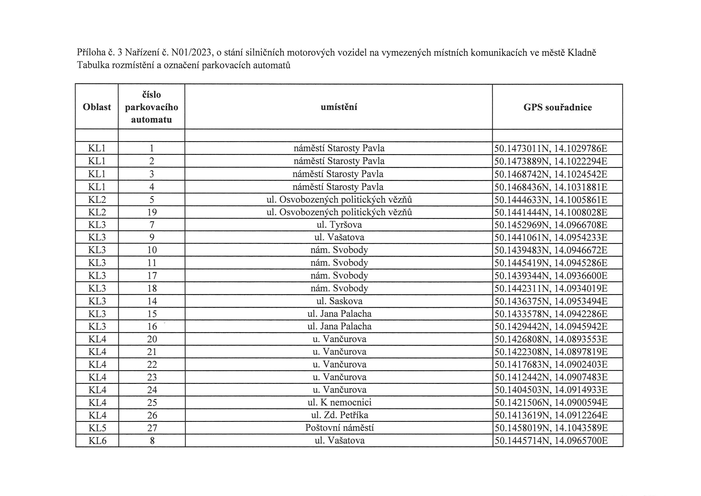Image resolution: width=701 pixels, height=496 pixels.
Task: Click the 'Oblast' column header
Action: [x=97, y=107]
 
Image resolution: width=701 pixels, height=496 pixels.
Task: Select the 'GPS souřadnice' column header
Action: [x=557, y=107]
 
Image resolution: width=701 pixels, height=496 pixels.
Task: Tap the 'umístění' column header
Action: [x=339, y=107]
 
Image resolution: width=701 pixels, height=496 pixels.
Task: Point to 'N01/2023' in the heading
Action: [x=191, y=53]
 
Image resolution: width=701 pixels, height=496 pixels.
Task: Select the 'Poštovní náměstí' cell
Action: [x=339, y=428]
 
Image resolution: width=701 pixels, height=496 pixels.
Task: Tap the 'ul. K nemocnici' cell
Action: [x=339, y=402]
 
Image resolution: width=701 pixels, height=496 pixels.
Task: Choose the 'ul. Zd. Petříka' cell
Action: [x=339, y=415]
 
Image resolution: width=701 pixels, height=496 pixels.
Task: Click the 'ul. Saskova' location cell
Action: [x=339, y=301]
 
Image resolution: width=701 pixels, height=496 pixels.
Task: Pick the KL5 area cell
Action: [x=97, y=428]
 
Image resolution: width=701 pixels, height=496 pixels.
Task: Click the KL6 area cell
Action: [x=97, y=440]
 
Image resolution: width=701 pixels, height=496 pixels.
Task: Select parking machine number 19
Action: [x=152, y=212]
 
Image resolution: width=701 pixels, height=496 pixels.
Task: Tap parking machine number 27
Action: [x=152, y=428]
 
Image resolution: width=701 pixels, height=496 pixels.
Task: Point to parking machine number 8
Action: [x=152, y=440]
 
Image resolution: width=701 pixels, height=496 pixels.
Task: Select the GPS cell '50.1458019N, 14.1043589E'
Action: [x=551, y=428]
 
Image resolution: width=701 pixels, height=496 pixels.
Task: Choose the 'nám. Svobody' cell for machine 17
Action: [x=339, y=275]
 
